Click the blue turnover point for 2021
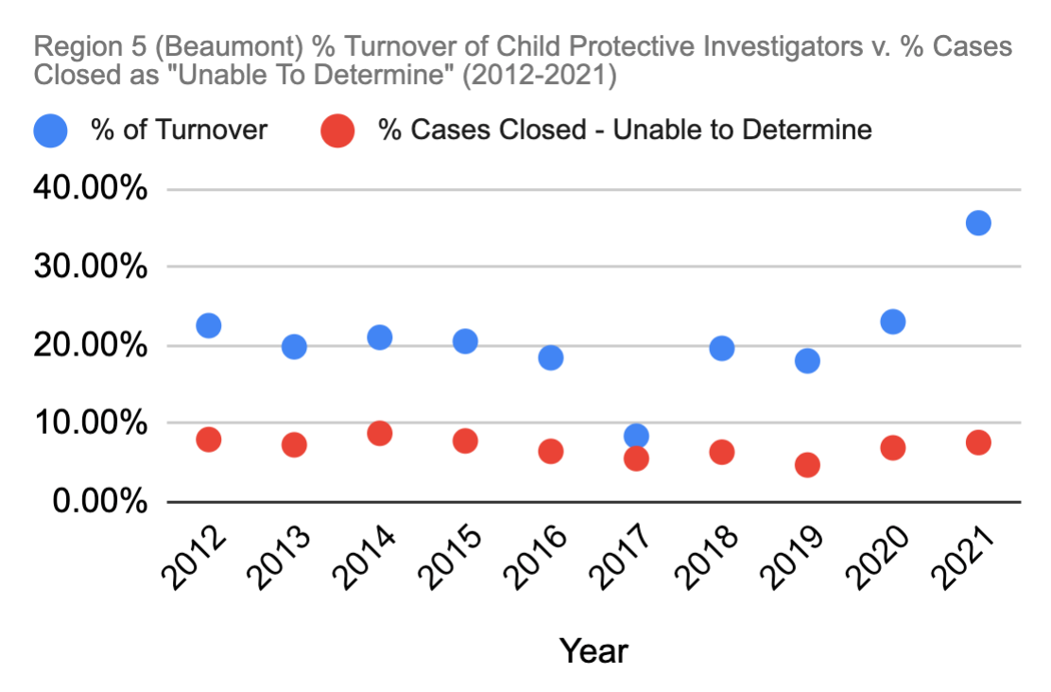(978, 223)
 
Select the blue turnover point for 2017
(636, 436)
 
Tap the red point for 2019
(807, 465)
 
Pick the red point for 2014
(380, 433)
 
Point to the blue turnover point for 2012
(209, 325)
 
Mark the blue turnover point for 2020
(892, 321)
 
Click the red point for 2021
(978, 442)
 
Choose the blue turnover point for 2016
(551, 357)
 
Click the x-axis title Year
(594, 651)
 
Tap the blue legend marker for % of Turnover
(52, 130)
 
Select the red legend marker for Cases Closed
(337, 130)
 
